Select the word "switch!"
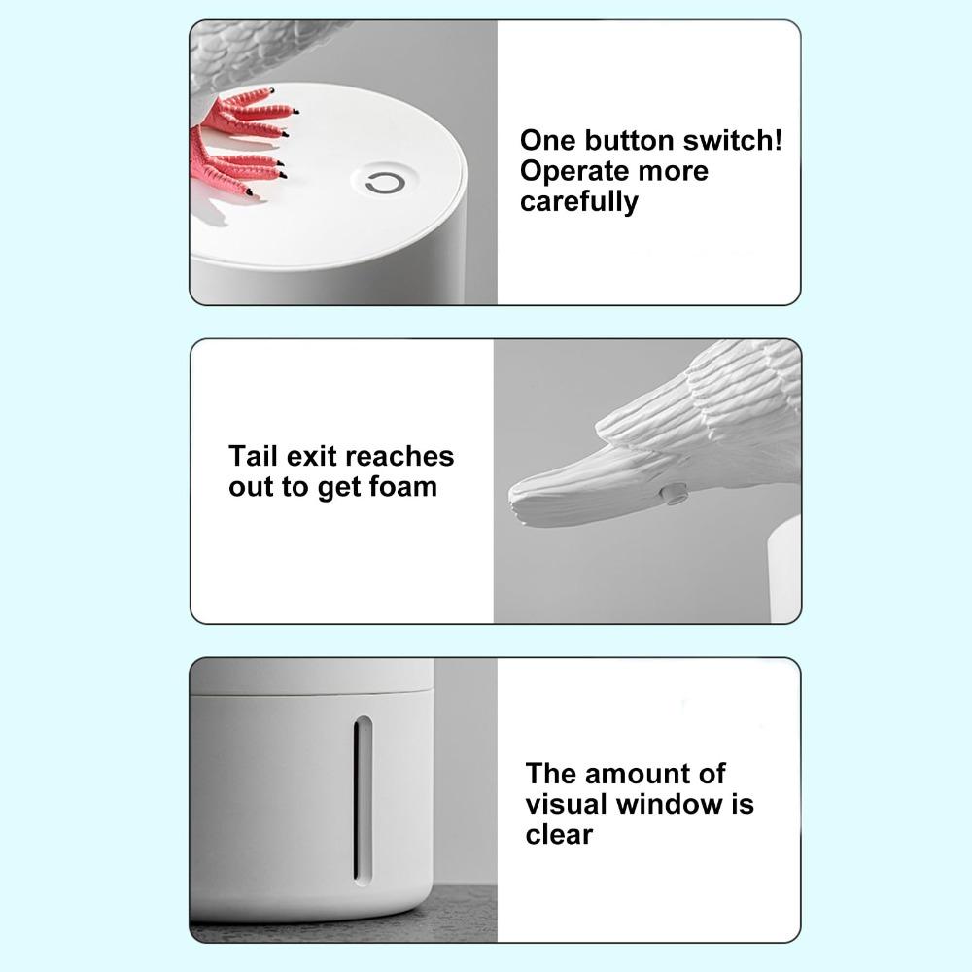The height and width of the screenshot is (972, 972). click(x=734, y=140)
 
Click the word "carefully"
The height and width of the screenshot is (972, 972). click(x=579, y=202)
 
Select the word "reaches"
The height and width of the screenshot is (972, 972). click(x=399, y=456)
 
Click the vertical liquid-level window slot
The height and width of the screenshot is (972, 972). click(x=363, y=797)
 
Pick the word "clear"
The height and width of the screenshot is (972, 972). click(x=559, y=835)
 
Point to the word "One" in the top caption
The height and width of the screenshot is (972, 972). click(x=547, y=140)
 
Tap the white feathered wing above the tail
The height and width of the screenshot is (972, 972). click(x=710, y=408)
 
